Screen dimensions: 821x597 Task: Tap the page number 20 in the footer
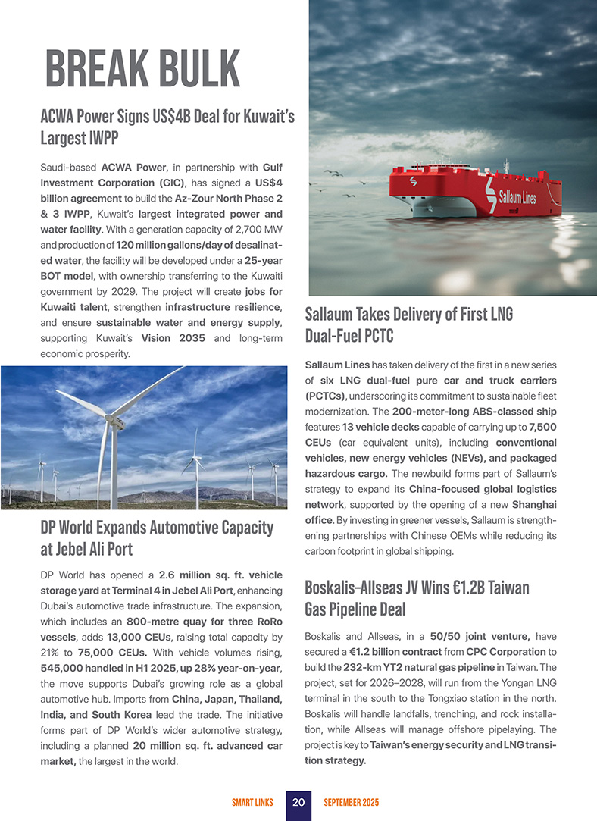click(x=298, y=802)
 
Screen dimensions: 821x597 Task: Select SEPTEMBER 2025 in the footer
click(x=351, y=802)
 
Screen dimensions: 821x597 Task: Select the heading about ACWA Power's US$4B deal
click(x=167, y=127)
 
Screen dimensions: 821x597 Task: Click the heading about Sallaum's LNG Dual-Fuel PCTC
click(x=408, y=324)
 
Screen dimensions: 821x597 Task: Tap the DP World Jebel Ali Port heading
click(x=156, y=537)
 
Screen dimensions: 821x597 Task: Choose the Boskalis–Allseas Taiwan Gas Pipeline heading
click(x=416, y=599)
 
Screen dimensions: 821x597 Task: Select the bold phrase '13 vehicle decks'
click(x=375, y=428)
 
